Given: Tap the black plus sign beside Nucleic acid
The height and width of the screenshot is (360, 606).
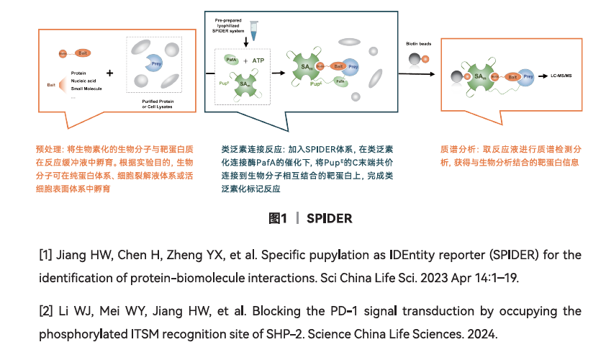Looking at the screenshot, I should [x=109, y=73].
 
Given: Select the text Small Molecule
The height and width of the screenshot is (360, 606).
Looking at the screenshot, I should [x=87, y=89].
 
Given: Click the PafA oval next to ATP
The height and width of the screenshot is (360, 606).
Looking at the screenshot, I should [x=232, y=61].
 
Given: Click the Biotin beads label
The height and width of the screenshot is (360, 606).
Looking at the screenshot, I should [x=419, y=43].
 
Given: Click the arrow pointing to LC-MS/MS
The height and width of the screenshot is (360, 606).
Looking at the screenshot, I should [x=541, y=75].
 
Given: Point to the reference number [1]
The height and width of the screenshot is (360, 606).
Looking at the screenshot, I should [x=45, y=256].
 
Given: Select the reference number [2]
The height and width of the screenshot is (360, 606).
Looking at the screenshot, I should [x=45, y=310].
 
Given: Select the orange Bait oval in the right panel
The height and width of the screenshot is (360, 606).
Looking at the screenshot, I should [x=513, y=76].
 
